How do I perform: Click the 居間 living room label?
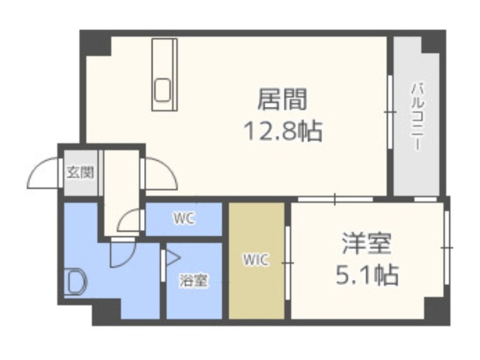tap(282, 100)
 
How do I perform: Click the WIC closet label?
tap(256, 260)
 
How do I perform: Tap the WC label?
tap(184, 220)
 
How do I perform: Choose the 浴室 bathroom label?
tap(194, 280)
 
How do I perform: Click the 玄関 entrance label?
tap(80, 173)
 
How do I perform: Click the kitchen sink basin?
tap(164, 91)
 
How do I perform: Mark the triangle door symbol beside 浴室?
tap(173, 258)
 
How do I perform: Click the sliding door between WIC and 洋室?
tap(289, 262)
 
